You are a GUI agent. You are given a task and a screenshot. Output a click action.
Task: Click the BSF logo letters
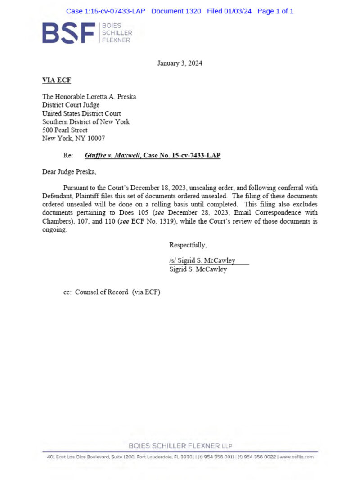(x=69, y=33)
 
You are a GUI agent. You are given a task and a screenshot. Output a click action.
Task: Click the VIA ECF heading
(x=56, y=81)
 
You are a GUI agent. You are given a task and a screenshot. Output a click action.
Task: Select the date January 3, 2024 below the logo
(x=180, y=63)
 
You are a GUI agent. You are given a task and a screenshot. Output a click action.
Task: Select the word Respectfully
(x=188, y=245)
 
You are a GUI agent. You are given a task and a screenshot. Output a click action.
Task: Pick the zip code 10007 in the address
(x=95, y=139)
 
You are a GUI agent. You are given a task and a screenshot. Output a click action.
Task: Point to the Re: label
(x=68, y=155)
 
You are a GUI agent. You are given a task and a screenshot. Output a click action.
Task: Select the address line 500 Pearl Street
(x=65, y=130)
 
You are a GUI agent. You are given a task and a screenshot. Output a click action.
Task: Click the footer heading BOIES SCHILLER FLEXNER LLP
(x=180, y=446)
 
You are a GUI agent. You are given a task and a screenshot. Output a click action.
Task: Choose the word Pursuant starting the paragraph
(x=77, y=188)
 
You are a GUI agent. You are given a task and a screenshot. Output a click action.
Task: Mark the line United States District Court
(x=81, y=113)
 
